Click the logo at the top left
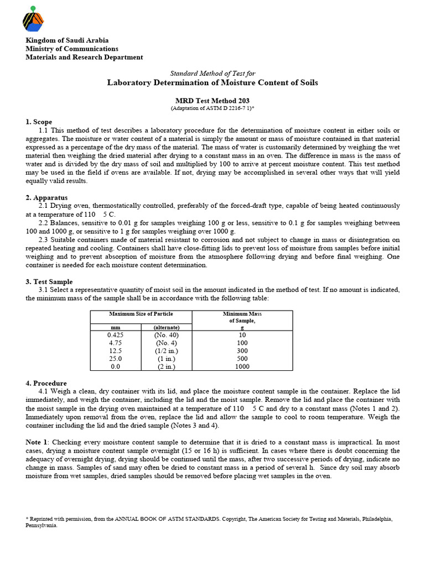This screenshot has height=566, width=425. (33, 19)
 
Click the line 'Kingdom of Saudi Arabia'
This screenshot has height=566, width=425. (67, 40)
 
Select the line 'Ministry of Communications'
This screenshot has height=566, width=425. (72, 49)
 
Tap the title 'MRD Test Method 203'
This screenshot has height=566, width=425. (212, 100)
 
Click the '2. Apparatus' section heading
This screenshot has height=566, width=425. (47, 197)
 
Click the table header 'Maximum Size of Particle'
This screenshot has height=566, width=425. (141, 314)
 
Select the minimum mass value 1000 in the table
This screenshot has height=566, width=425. (242, 366)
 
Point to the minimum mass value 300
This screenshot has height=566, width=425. (242, 350)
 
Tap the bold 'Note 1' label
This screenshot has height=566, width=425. (37, 443)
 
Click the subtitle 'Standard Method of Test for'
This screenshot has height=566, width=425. (212, 74)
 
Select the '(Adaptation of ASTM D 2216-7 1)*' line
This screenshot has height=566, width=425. (212, 108)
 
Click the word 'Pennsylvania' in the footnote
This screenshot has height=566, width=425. (41, 526)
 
